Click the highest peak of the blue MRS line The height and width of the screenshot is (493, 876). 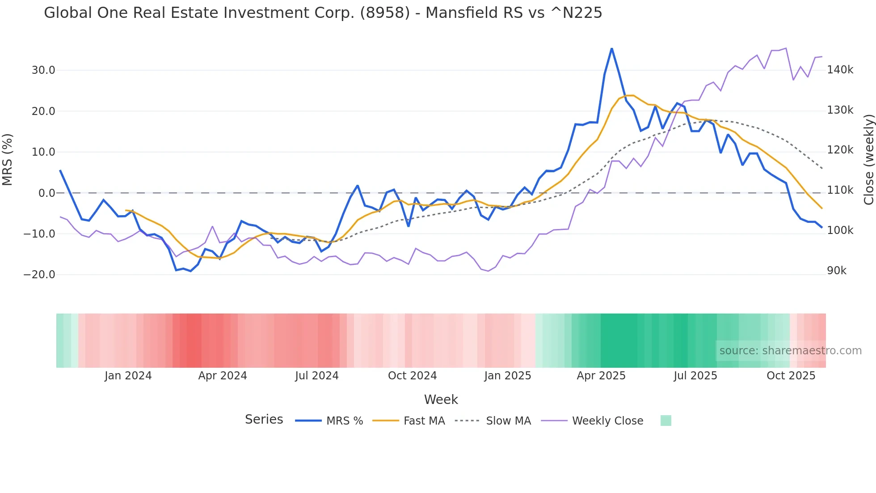(x=612, y=49)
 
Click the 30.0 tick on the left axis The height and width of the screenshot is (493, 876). (x=43, y=70)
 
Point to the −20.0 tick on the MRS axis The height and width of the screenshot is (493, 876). (x=40, y=275)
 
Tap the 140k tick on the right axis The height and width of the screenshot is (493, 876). (x=840, y=70)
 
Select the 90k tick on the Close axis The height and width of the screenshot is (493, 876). (x=837, y=271)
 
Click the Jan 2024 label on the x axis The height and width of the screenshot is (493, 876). (x=128, y=376)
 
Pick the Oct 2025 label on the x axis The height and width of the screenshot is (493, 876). (x=791, y=376)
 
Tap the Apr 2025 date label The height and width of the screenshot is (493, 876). (x=601, y=376)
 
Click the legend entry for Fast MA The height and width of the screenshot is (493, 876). (x=424, y=421)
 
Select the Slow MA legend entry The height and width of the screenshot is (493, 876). (x=508, y=421)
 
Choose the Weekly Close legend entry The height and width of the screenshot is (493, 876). (x=607, y=421)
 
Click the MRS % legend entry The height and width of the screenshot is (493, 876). (x=344, y=421)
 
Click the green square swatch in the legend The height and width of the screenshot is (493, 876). (x=665, y=421)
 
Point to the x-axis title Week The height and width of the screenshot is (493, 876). (x=441, y=399)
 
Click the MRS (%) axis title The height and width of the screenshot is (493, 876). (x=8, y=159)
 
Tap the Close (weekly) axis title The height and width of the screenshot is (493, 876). (x=868, y=159)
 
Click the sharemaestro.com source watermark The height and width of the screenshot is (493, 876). (x=790, y=351)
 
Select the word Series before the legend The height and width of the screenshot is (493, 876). (x=264, y=420)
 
